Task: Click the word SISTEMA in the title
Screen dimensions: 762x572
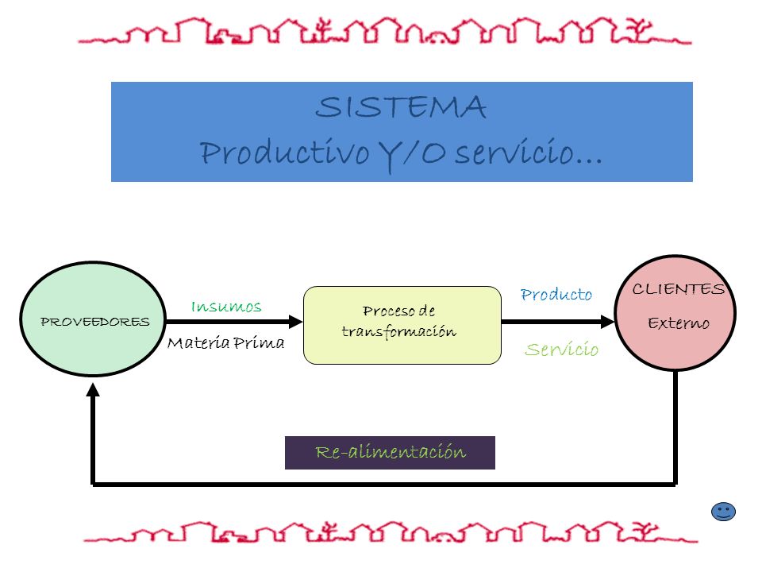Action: tap(400, 107)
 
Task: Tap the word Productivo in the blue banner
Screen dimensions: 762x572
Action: tap(284, 153)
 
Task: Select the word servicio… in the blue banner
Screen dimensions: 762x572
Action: tap(529, 153)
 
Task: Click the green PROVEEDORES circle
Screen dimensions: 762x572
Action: tap(93, 319)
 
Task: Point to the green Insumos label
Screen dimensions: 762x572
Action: tap(226, 307)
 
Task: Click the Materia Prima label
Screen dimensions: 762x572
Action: tap(225, 343)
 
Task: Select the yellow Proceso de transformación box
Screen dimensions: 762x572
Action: tap(402, 325)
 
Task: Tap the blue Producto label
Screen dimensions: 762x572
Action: tap(556, 294)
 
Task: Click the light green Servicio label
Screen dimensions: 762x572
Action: tap(562, 349)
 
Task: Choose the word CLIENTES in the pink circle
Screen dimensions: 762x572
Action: tap(679, 289)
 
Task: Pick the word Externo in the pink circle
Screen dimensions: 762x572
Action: tap(679, 323)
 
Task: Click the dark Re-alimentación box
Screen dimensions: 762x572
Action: tap(390, 452)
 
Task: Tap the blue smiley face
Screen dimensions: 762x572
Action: tap(723, 512)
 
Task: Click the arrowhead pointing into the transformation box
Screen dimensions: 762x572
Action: tap(295, 322)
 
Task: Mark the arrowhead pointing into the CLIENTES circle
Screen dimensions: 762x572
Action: tap(607, 322)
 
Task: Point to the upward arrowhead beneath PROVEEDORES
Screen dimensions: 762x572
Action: tap(93, 389)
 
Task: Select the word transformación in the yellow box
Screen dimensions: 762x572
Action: tap(399, 332)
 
